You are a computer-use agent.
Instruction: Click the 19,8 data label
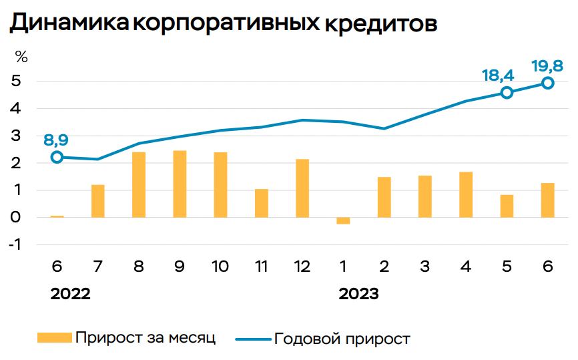[547, 66]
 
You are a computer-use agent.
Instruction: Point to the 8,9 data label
[56, 140]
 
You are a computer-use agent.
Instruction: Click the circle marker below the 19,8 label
[547, 83]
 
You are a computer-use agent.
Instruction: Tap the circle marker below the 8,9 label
[57, 157]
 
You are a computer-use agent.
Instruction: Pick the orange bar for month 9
[180, 184]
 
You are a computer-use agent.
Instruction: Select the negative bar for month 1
[343, 220]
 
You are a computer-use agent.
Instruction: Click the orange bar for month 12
[302, 188]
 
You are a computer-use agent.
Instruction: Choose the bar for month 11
[262, 203]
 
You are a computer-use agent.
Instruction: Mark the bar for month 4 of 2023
[466, 194]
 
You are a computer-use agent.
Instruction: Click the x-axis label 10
[220, 266]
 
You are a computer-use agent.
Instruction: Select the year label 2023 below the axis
[358, 295]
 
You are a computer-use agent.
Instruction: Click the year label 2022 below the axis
[70, 295]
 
